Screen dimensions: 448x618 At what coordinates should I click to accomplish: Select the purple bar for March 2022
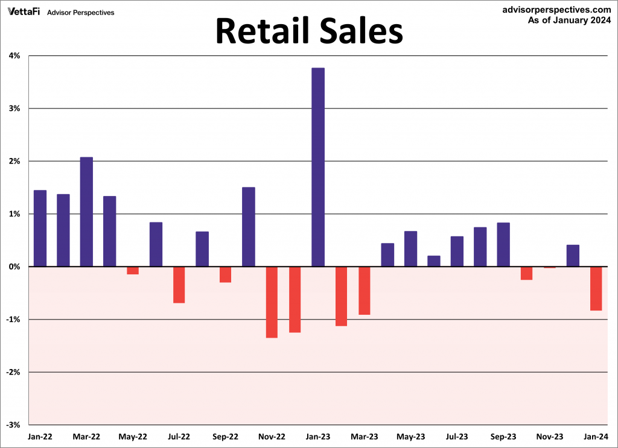[x=86, y=212]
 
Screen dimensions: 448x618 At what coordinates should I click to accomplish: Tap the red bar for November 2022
[x=272, y=301]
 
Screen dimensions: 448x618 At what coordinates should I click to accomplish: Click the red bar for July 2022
[x=179, y=285]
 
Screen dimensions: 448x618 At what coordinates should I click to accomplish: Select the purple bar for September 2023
[x=503, y=244]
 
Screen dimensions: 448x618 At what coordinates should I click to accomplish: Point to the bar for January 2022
[x=40, y=228]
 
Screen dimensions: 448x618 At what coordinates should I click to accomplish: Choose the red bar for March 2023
[x=365, y=290]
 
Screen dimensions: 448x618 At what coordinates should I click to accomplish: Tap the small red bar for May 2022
[x=133, y=270]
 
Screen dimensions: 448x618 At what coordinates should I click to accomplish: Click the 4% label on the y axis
[x=14, y=56]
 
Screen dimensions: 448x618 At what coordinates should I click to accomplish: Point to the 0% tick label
[x=14, y=267]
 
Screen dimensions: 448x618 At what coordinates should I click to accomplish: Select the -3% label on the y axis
[x=13, y=424]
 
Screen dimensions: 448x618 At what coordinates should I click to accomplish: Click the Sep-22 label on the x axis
[x=225, y=436]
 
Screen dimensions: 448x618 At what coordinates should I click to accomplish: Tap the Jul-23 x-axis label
[x=457, y=436]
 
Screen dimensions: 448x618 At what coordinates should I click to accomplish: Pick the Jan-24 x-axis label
[x=596, y=436]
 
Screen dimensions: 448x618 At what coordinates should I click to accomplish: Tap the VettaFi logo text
[x=24, y=11]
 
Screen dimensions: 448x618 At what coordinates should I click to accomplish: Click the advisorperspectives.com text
[x=556, y=10]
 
